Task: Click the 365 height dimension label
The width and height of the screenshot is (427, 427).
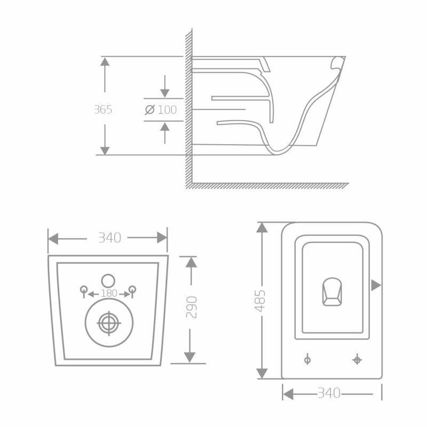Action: click(x=103, y=110)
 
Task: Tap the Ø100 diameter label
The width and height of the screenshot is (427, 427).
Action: click(x=161, y=110)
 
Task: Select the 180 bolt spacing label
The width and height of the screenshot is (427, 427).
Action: click(x=108, y=294)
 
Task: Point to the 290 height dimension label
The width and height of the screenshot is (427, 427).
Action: click(x=191, y=307)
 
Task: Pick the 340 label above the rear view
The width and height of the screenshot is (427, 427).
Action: click(x=109, y=238)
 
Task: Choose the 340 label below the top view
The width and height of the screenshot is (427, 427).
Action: click(x=329, y=394)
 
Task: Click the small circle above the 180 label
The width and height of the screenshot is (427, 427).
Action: click(x=108, y=280)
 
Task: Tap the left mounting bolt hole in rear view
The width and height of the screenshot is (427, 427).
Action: click(x=83, y=290)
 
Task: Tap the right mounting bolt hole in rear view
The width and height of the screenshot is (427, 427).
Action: click(x=132, y=290)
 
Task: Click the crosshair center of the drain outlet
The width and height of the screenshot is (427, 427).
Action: click(x=109, y=323)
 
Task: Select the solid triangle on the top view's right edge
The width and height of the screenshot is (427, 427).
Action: click(x=376, y=285)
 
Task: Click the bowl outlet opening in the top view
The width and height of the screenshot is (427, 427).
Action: click(x=331, y=292)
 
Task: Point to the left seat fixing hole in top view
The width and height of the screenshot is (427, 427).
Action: click(x=307, y=360)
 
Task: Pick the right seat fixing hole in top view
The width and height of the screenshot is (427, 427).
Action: click(x=357, y=360)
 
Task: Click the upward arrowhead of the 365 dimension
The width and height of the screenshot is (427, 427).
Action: click(x=105, y=61)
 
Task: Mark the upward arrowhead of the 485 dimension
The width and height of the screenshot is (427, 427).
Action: click(x=262, y=227)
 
